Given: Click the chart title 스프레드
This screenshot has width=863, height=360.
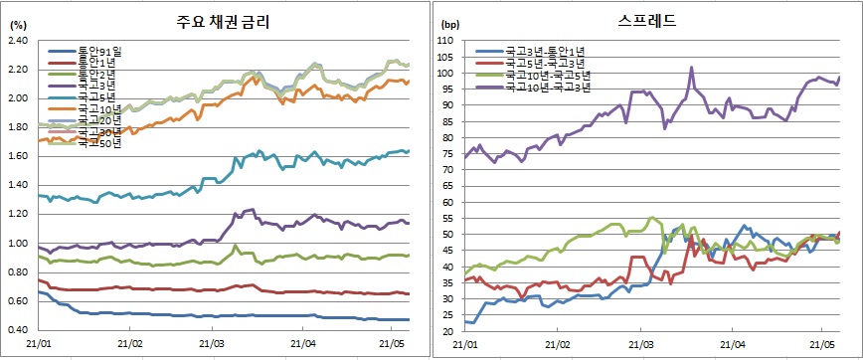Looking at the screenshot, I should (646, 19).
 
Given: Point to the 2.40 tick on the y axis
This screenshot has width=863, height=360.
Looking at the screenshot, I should (19, 41).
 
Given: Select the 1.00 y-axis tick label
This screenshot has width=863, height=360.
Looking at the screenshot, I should (19, 244).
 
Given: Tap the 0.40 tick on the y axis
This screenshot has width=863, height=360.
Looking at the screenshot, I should (19, 330).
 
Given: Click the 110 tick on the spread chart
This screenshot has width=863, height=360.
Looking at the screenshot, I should (446, 41).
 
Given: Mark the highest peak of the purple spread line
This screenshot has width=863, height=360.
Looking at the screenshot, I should (691, 68).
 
